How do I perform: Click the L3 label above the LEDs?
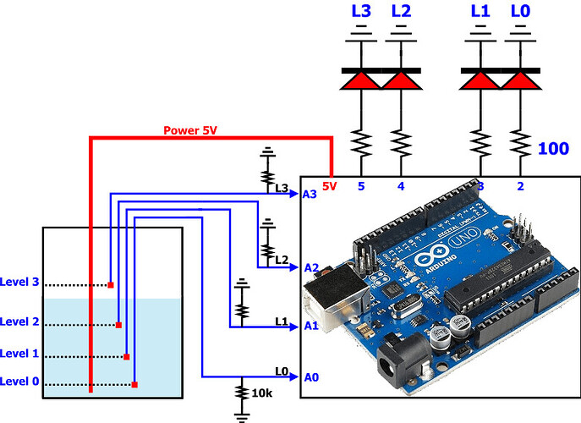pos(361,11)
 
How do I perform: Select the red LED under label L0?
pos(519,80)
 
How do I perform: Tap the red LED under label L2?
pos(401,80)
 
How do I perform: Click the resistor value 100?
pos(553,149)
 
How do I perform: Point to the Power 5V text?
pos(194,131)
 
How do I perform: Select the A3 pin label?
pos(310,194)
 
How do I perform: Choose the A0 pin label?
pos(310,377)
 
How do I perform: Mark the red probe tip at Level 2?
pos(118,325)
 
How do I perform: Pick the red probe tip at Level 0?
pos(134,385)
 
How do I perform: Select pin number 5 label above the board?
pos(361,185)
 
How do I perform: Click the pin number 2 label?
pos(519,185)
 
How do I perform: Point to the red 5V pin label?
pos(331,185)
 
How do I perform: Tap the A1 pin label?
pos(310,325)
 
